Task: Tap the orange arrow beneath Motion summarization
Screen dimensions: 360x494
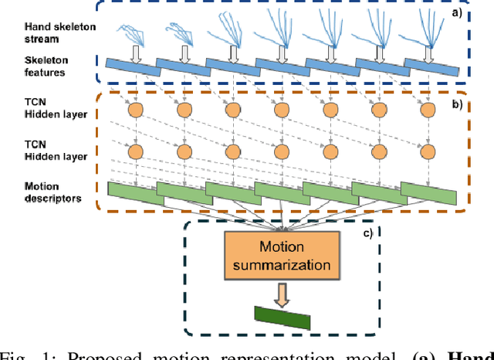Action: click(283, 293)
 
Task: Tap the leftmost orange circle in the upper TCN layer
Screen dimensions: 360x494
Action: click(135, 110)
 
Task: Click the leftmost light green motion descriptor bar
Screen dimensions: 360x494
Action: click(135, 193)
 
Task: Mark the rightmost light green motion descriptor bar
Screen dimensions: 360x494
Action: click(428, 193)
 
